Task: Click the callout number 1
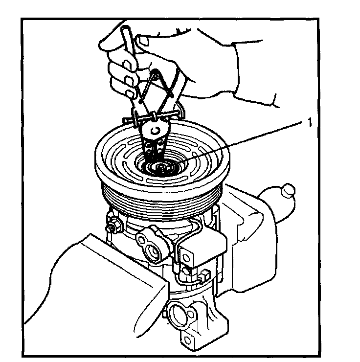(x=310, y=122)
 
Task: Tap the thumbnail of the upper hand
(x=143, y=42)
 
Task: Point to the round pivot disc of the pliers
(x=155, y=130)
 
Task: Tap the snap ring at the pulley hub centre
(x=161, y=167)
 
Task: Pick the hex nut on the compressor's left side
(x=113, y=225)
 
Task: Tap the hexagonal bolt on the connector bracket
(x=186, y=257)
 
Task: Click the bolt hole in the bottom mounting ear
(x=188, y=340)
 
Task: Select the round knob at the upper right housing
(x=288, y=190)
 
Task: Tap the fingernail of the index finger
(x=127, y=65)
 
